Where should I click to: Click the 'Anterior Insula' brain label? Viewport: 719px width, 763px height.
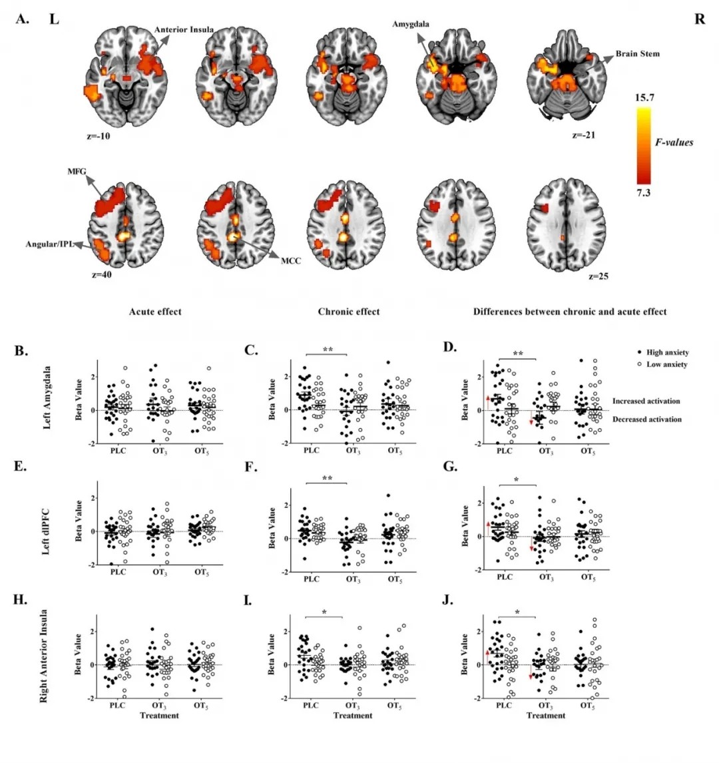click(x=184, y=30)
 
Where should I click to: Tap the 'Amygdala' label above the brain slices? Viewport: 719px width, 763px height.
click(x=411, y=25)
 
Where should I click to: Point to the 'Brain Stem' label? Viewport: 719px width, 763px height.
click(x=637, y=53)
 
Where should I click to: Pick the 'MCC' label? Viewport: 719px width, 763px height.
click(x=290, y=260)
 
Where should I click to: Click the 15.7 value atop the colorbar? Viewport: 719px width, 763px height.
click(x=644, y=97)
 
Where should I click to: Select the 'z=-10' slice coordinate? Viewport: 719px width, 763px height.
click(x=100, y=136)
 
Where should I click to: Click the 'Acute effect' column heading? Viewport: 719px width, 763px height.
click(x=155, y=312)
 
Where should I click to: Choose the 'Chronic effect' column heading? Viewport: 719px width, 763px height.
click(x=349, y=312)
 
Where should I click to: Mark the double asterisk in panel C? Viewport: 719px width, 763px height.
click(x=328, y=350)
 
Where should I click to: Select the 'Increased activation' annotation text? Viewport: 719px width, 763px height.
click(x=646, y=401)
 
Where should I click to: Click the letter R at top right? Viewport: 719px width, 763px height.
click(x=699, y=19)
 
